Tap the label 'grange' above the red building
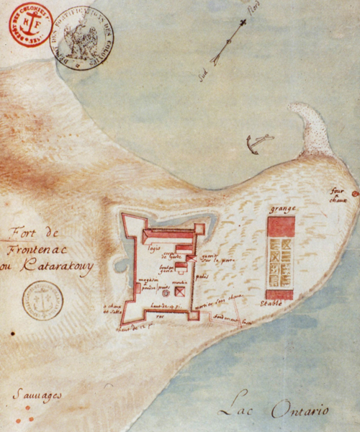point(280,210)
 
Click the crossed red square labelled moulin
point(180,292)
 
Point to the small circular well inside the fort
point(165,293)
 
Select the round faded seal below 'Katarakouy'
point(42,300)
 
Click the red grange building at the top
point(281,226)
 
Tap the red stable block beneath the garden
point(279,294)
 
